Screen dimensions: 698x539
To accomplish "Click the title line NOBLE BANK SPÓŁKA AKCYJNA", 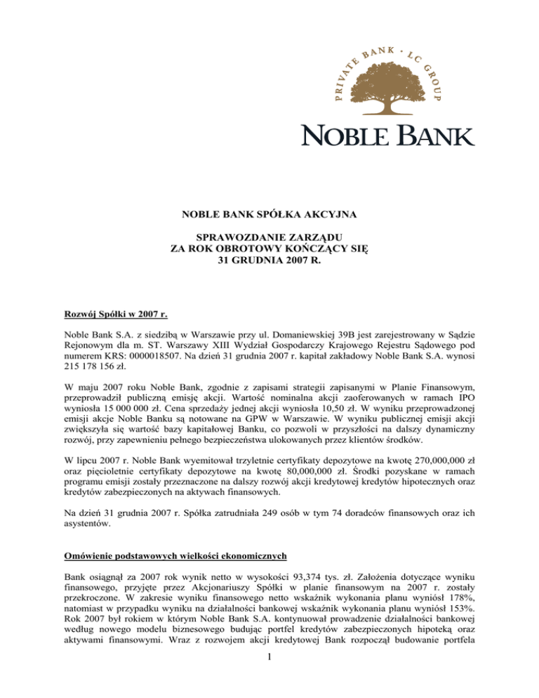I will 269,216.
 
